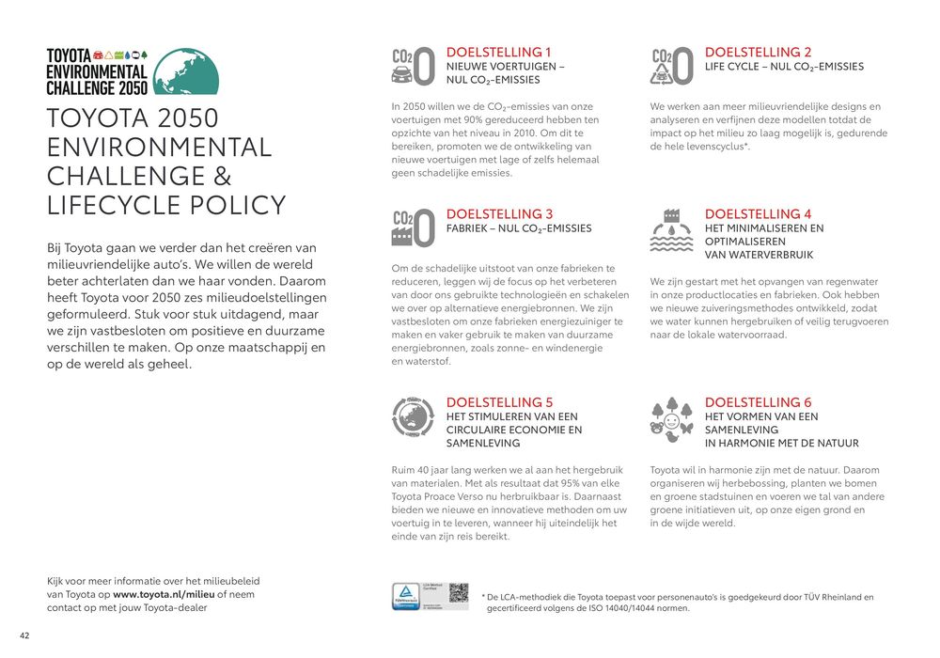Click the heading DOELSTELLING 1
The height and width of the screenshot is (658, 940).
(498, 53)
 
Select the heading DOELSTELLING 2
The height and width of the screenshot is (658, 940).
(758, 53)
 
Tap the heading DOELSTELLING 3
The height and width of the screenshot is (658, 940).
(499, 214)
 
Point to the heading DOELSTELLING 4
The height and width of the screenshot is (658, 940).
(758, 214)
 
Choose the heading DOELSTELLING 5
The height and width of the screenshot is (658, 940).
(499, 402)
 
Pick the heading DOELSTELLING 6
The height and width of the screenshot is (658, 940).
(758, 402)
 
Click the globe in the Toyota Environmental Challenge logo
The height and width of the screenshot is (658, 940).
(185, 71)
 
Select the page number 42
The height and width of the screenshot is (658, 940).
(24, 636)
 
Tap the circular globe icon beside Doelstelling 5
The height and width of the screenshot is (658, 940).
(413, 419)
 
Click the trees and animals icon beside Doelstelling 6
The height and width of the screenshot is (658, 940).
(672, 419)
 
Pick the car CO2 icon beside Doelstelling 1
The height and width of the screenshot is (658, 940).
(413, 68)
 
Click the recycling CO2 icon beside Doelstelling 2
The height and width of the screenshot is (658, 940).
(672, 68)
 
